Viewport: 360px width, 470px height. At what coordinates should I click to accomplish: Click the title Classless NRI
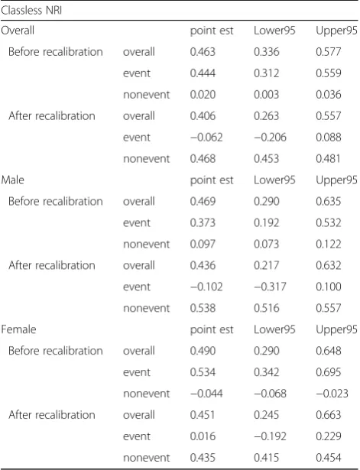point(31,11)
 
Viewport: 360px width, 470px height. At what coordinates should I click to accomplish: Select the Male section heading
point(12,180)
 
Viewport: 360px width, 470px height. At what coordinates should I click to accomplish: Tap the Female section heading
point(18,329)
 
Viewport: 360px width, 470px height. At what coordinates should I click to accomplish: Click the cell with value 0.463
point(203,52)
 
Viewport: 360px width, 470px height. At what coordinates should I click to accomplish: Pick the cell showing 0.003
point(266,95)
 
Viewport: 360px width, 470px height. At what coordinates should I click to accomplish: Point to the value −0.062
point(206,138)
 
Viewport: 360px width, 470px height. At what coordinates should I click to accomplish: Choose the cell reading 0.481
point(328,158)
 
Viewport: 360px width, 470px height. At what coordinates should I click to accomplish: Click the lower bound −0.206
point(270,138)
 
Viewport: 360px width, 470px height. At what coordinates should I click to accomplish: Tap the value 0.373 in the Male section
point(203,222)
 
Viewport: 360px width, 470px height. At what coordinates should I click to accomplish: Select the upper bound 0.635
point(328,201)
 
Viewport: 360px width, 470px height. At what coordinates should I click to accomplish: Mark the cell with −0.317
point(270,287)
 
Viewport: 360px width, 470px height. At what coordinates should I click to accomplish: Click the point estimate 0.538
point(203,308)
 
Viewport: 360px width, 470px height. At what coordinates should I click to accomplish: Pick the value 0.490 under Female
point(203,351)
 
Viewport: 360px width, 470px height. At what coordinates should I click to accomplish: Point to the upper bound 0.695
point(328,372)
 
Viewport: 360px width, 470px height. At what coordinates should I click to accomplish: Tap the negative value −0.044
point(206,394)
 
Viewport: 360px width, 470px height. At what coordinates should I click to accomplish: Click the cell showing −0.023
point(332,394)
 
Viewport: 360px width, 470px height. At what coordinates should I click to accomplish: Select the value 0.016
point(203,436)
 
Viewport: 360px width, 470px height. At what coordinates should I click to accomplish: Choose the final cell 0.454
point(328,458)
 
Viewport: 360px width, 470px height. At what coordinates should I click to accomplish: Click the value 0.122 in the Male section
point(328,244)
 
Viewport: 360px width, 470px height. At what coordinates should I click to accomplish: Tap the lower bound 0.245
point(266,415)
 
